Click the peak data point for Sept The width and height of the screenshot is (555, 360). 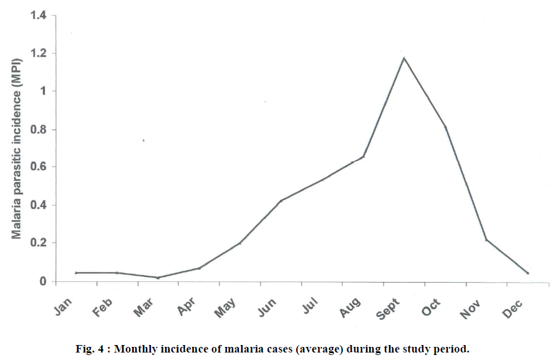pos(404,58)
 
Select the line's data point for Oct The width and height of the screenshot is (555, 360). pos(445,127)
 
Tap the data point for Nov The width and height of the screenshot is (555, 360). pos(486,240)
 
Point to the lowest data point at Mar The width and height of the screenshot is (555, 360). pos(158,278)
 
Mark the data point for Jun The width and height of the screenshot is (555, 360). pos(281,201)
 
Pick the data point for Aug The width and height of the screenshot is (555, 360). pos(363,157)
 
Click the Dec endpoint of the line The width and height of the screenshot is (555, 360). pos(528,273)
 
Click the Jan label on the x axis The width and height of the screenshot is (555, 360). pos(64,305)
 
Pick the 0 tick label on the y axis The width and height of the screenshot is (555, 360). pos(43,281)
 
